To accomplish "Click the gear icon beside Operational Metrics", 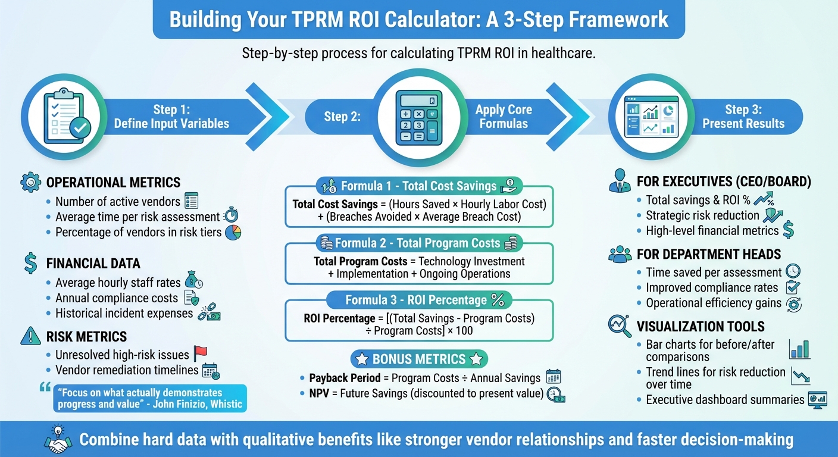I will [30, 182].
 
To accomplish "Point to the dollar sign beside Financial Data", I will [31, 264].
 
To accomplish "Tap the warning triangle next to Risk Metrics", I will [30, 337].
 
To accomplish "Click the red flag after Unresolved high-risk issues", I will [200, 354].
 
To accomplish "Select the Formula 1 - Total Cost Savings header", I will [418, 186].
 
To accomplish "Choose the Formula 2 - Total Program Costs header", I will [418, 243].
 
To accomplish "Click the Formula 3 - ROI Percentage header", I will [418, 300].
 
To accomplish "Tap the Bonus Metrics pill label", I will [418, 359].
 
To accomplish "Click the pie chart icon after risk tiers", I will [233, 232].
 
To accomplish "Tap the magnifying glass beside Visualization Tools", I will [618, 325].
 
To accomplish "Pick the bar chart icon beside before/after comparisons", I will [799, 350].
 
